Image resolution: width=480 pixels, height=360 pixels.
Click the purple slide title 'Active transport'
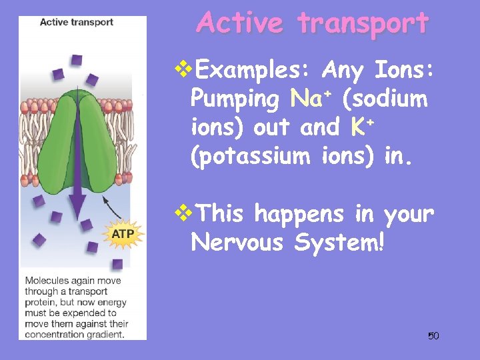tap(313, 23)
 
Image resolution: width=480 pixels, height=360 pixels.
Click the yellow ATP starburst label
tap(122, 234)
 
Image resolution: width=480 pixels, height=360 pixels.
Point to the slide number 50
tap(433, 335)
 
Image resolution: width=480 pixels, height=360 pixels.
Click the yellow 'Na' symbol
tap(306, 99)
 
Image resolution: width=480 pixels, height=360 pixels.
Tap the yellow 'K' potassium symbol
tap(356, 127)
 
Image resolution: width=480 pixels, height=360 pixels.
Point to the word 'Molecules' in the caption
tap(45, 281)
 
